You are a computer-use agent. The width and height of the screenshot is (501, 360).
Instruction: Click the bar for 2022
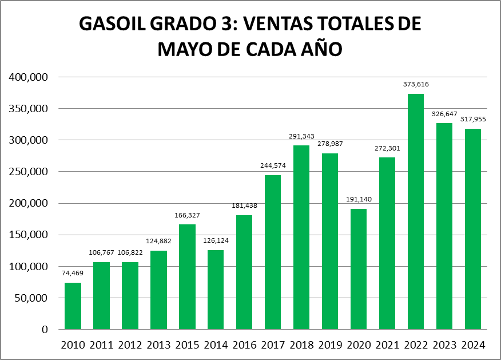(416, 212)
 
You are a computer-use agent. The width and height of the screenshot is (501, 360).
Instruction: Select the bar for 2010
(73, 306)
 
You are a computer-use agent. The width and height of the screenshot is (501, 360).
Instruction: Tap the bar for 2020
(359, 269)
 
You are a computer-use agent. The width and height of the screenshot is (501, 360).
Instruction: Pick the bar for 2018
(301, 238)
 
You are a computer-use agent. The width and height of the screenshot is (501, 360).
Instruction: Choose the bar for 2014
(216, 290)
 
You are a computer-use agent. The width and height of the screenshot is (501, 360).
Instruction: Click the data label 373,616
(416, 84)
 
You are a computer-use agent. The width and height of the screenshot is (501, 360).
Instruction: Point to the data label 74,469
(73, 274)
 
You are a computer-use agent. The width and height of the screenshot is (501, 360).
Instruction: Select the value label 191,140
(359, 200)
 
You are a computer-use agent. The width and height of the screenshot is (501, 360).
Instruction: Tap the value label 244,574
(273, 166)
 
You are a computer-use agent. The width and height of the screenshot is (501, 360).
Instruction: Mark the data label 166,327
(187, 215)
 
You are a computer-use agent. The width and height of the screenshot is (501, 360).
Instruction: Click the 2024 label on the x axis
(473, 345)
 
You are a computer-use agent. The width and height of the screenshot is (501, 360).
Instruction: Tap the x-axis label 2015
(187, 345)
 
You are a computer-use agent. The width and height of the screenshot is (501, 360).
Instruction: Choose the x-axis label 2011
(101, 345)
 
